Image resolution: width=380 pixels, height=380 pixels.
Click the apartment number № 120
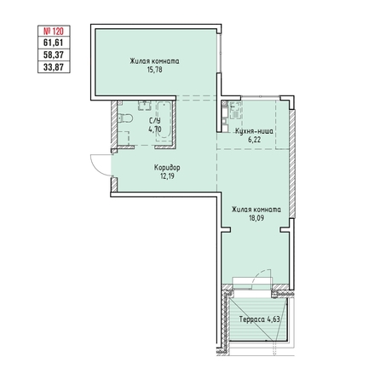tap(54, 31)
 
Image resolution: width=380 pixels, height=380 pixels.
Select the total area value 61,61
tap(54, 43)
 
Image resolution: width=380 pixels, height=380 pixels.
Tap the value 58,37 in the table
tap(54, 55)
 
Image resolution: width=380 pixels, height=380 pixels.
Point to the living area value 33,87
tap(54, 67)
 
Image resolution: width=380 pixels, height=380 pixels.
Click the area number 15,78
tap(155, 70)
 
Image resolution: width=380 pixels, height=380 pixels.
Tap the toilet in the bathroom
tap(125, 118)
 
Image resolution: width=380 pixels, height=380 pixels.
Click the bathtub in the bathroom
tap(164, 120)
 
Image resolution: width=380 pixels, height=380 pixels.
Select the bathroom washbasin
tap(145, 106)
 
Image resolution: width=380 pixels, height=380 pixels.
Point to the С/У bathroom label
tap(155, 121)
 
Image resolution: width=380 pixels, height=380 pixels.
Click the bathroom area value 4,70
tap(155, 130)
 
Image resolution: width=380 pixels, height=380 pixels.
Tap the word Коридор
tap(167, 168)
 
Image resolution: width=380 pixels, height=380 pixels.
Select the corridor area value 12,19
tap(167, 176)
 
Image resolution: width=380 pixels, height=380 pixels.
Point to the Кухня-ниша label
tap(254, 131)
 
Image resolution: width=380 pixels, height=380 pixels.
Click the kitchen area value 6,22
tap(255, 140)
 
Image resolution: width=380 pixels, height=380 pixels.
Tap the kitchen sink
tap(236, 110)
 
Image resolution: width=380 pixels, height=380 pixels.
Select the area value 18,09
tap(256, 218)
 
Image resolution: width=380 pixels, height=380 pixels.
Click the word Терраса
tap(252, 320)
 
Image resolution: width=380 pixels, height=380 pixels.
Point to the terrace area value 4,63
tap(273, 320)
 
